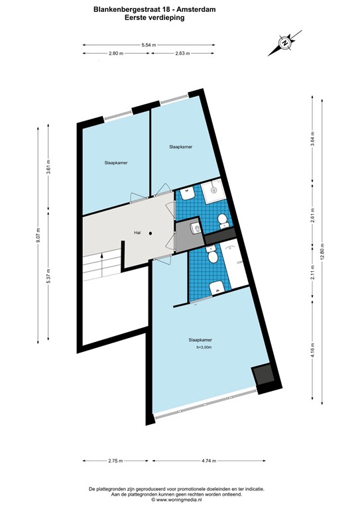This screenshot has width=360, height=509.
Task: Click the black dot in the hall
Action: (151, 233)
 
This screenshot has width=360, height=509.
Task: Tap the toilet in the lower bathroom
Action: (212, 255)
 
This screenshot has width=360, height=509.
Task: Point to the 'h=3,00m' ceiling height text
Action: (204, 347)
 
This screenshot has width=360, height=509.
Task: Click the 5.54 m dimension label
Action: (149, 45)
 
